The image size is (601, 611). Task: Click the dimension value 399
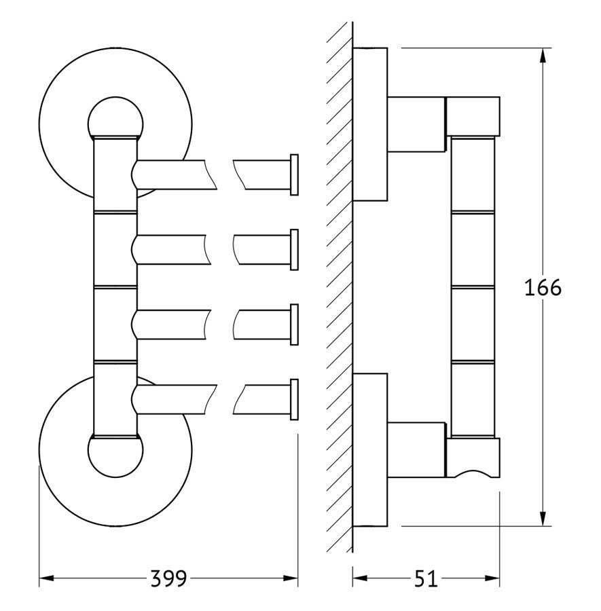point(168,579)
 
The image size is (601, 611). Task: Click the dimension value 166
point(543,288)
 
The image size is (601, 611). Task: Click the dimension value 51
point(426,579)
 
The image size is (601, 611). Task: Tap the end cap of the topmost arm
point(294,174)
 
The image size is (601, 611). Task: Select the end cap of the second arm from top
point(294,249)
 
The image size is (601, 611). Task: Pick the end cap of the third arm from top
point(294,325)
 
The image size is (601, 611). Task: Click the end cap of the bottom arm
point(294,399)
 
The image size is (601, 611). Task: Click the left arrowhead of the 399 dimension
point(47,578)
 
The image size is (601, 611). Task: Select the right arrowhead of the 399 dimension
point(291,578)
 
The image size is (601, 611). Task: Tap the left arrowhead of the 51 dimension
point(360,578)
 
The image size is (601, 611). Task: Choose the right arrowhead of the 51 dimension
point(492,578)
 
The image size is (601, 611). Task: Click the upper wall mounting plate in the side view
point(370,124)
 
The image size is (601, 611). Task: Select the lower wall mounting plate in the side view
point(370,449)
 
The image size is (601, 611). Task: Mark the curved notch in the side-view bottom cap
point(470,473)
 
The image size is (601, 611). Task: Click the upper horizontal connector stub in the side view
point(416,124)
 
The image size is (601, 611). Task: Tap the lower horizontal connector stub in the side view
point(416,449)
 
